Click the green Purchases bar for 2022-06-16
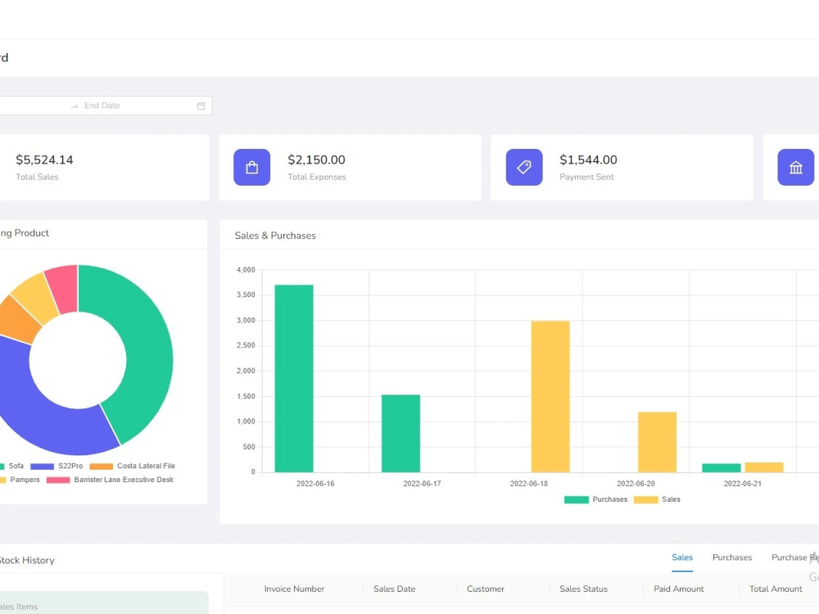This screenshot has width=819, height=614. tap(294, 378)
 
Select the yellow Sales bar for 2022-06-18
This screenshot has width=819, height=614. tap(550, 396)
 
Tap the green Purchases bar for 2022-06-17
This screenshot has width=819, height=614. tap(400, 433)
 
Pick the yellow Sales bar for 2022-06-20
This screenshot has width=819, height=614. tap(657, 442)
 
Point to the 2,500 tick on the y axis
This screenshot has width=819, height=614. tap(246, 345)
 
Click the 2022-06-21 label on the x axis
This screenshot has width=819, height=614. tap(743, 484)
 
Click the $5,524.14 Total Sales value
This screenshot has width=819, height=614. tap(44, 160)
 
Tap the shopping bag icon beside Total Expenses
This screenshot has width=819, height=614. tap(252, 167)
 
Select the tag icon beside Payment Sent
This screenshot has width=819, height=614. tap(524, 167)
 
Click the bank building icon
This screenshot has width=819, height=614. tap(796, 167)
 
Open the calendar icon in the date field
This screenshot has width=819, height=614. tap(201, 106)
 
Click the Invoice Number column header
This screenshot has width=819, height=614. tap(294, 589)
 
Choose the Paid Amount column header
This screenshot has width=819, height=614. tap(679, 589)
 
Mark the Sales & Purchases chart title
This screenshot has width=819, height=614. tap(275, 236)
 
